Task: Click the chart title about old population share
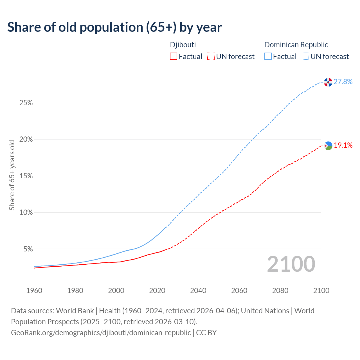pyautogui.click(x=114, y=27)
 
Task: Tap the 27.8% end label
pyautogui.click(x=343, y=82)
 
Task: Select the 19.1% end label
pyautogui.click(x=343, y=145)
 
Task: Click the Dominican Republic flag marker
pyautogui.click(x=328, y=82)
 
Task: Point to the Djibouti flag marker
pyautogui.click(x=328, y=145)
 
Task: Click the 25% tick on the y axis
pyautogui.click(x=26, y=103)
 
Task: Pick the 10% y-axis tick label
pyautogui.click(x=26, y=213)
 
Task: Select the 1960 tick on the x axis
pyautogui.click(x=34, y=291)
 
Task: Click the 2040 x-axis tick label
pyautogui.click(x=198, y=291)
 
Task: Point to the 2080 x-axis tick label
pyautogui.click(x=280, y=291)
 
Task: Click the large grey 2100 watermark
pyautogui.click(x=291, y=264)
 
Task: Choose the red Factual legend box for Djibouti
pyautogui.click(x=174, y=57)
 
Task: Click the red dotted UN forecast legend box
pyautogui.click(x=211, y=57)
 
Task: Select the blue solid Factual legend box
pyautogui.click(x=268, y=57)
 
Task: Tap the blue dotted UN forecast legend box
pyautogui.click(x=305, y=57)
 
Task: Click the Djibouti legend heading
pyautogui.click(x=183, y=45)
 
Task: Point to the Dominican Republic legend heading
pyautogui.click(x=296, y=45)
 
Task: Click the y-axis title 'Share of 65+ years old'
pyautogui.click(x=12, y=175)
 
